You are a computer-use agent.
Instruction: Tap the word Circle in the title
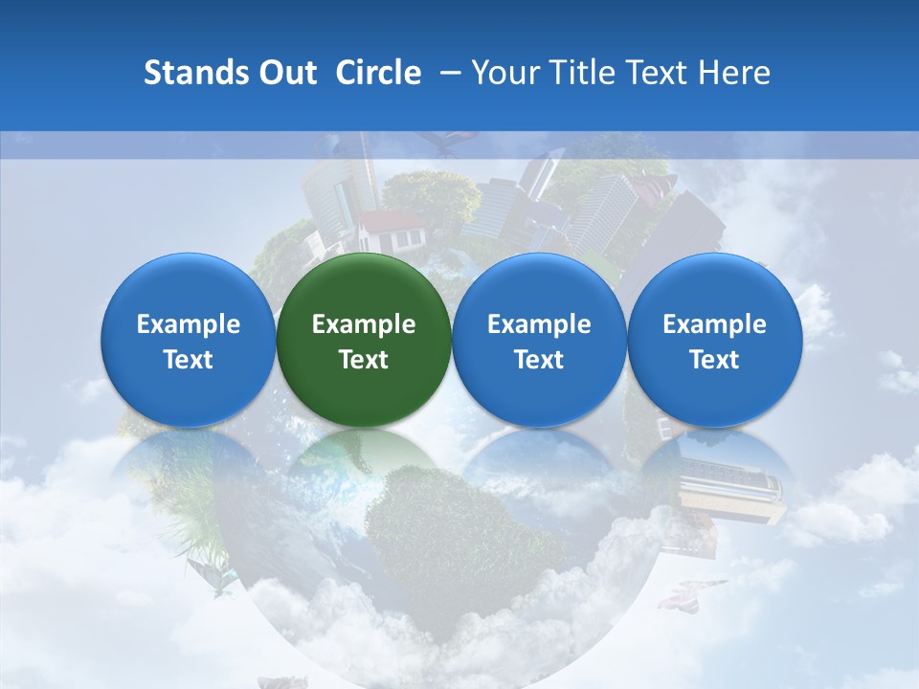378,73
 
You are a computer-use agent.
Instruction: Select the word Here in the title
735,73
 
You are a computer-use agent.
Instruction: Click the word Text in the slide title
658,73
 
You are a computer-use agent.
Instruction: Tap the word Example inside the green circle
364,324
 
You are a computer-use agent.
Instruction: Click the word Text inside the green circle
364,360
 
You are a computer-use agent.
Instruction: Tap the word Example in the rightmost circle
714,324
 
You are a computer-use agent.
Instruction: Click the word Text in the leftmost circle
189,360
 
